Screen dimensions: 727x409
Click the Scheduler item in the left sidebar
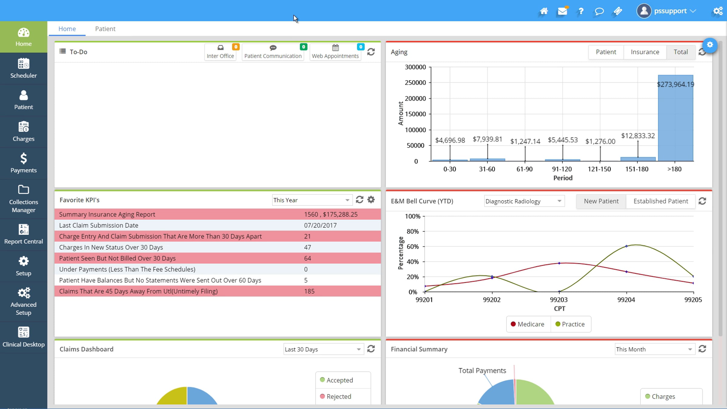point(24,68)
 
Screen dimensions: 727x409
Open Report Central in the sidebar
point(24,234)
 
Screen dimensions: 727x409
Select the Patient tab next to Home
point(105,29)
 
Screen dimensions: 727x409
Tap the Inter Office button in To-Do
point(221,52)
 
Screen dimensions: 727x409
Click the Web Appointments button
point(335,52)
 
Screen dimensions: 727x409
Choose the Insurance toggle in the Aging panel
point(645,52)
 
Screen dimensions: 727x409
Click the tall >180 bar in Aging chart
point(676,118)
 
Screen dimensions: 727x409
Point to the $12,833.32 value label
point(638,136)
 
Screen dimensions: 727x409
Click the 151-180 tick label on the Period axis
point(637,169)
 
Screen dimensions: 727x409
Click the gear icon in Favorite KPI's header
point(371,200)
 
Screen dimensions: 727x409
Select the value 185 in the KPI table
point(309,291)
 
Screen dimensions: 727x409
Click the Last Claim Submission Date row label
point(99,225)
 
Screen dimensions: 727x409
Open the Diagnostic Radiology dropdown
point(524,201)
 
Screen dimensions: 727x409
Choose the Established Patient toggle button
point(661,201)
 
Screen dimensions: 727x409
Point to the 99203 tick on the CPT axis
point(559,300)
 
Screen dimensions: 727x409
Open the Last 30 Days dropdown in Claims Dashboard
point(323,349)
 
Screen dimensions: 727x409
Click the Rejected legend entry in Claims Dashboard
point(336,397)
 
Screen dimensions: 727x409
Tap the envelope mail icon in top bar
point(563,11)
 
